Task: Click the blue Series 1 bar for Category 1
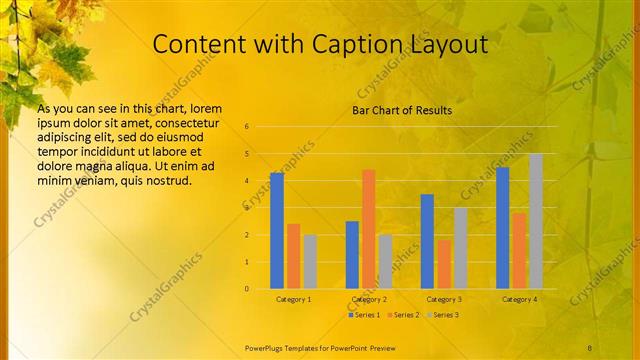(277, 231)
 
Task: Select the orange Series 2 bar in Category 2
(369, 229)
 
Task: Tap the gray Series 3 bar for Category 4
(536, 221)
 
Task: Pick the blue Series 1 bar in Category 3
(427, 241)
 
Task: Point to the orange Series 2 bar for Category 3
(444, 264)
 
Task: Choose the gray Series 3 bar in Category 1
(310, 262)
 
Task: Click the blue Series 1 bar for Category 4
(503, 228)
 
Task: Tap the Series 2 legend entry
(403, 315)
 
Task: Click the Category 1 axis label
(293, 299)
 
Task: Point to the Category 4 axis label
(519, 299)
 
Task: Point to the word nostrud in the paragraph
(164, 180)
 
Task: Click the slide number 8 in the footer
(590, 346)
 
